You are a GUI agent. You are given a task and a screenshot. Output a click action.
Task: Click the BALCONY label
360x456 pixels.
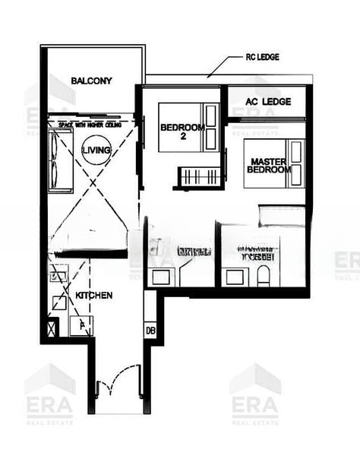pyautogui.click(x=91, y=81)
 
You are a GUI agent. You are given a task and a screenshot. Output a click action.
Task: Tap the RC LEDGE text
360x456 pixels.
pyautogui.click(x=264, y=57)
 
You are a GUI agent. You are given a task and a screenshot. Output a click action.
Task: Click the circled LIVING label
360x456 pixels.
pyautogui.click(x=96, y=150)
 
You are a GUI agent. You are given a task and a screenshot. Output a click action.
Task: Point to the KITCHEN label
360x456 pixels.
pyautogui.click(x=94, y=294)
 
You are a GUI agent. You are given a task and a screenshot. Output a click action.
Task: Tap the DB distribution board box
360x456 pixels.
pyautogui.click(x=150, y=331)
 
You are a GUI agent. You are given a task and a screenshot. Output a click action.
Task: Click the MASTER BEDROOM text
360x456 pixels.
pyautogui.click(x=269, y=166)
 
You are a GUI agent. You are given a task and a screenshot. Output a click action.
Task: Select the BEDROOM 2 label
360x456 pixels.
pyautogui.click(x=182, y=132)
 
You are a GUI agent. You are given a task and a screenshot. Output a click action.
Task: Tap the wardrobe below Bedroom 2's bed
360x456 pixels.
pyautogui.click(x=202, y=177)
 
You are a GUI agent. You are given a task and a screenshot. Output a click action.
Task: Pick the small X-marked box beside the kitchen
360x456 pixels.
pyautogui.click(x=52, y=329)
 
